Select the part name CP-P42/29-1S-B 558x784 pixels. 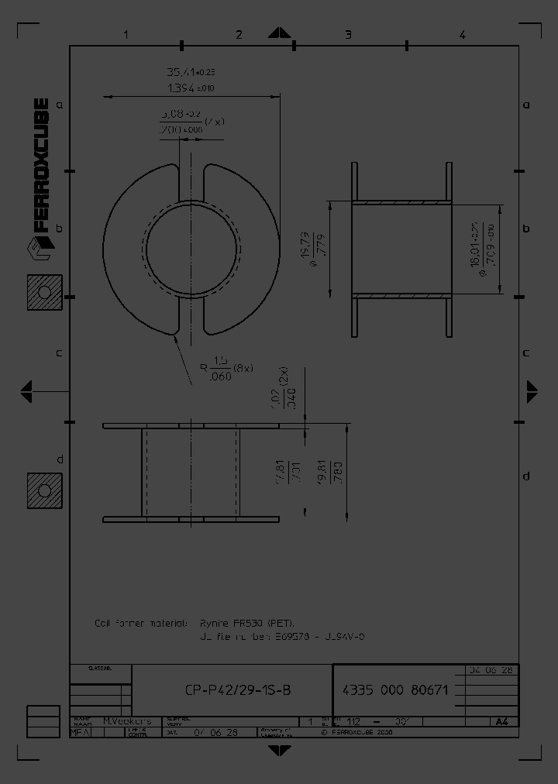(x=239, y=690)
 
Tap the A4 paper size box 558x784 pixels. (x=502, y=721)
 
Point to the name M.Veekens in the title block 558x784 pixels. (x=127, y=720)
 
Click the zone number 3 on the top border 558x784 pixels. (x=348, y=34)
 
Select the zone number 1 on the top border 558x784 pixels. (x=126, y=34)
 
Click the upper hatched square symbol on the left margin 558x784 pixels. (x=44, y=293)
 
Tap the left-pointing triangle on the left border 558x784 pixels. (x=26, y=390)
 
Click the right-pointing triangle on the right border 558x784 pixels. (x=532, y=390)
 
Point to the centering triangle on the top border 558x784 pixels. (x=278, y=35)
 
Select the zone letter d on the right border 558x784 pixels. (x=525, y=475)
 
